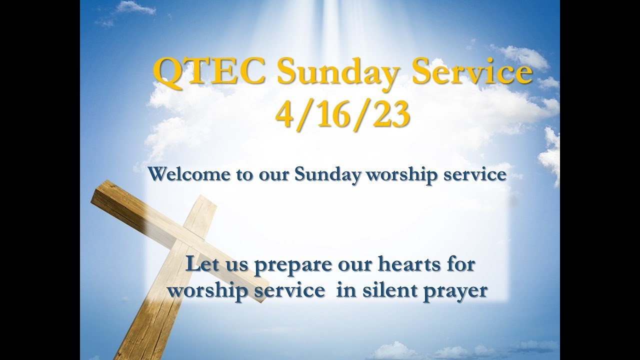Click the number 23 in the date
coord(390,114)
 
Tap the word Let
coord(199,264)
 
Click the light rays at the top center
coord(320,15)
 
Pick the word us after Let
coord(229,265)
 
